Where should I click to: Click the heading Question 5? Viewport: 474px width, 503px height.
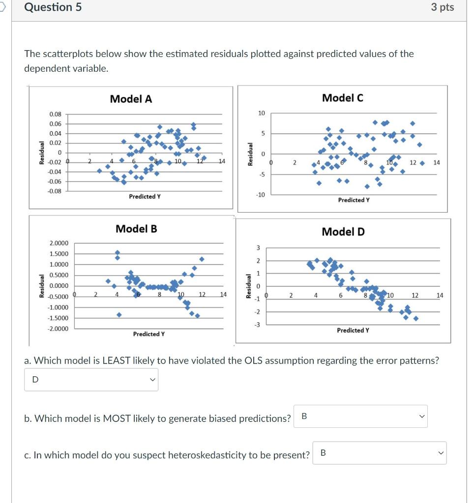[x=53, y=7]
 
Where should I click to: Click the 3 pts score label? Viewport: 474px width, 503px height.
[x=442, y=7]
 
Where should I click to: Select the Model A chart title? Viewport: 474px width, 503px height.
[x=131, y=99]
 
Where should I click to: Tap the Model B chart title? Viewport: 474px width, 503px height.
[x=136, y=228]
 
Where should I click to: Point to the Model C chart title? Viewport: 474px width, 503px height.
[x=343, y=98]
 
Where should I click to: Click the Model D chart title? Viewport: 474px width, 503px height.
[x=343, y=231]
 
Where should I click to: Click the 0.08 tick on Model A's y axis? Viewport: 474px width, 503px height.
[x=55, y=114]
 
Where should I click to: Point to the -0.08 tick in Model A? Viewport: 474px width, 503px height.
[x=54, y=191]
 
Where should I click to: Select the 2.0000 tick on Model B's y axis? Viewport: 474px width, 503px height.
[x=59, y=243]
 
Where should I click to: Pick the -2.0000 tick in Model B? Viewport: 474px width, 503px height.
[x=58, y=329]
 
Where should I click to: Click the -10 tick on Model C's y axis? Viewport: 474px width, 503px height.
[x=260, y=195]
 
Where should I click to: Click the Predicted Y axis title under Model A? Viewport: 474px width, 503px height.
[x=145, y=196]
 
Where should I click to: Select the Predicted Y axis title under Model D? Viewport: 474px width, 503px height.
[x=353, y=330]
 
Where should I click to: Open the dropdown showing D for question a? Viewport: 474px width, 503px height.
[x=91, y=379]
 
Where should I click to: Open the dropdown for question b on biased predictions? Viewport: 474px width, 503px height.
[x=360, y=417]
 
